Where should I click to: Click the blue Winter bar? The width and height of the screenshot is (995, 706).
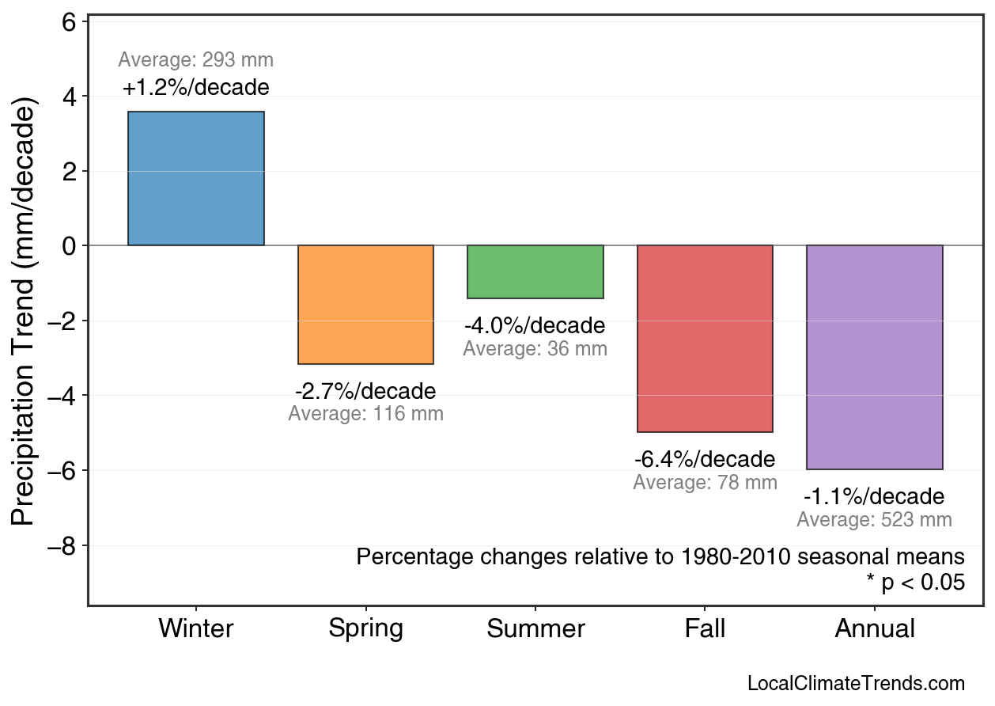pos(196,179)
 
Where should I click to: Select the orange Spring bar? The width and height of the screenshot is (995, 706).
pos(365,305)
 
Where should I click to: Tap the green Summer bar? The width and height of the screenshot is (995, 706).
pos(535,271)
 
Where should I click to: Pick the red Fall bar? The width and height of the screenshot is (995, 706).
pos(705,339)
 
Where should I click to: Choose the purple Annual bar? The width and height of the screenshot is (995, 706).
pos(875,357)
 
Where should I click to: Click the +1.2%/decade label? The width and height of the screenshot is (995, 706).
pos(196,87)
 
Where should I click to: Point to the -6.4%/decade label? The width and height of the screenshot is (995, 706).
pos(705,460)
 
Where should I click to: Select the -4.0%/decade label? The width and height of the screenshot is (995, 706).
pos(535,326)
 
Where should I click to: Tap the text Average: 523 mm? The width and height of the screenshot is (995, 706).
pos(874,520)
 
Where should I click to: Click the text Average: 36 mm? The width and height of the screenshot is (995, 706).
pos(535,349)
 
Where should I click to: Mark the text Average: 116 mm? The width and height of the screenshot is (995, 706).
pos(365,414)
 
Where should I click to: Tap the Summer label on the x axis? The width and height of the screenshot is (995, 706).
pos(535,629)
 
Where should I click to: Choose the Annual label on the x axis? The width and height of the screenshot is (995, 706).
pos(875,629)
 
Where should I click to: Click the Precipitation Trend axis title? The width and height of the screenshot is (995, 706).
pos(25,313)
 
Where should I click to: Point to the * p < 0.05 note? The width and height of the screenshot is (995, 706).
pos(915,583)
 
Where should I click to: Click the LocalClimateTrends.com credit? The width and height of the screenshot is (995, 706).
pos(856,684)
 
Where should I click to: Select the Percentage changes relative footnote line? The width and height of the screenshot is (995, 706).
pos(660,556)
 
